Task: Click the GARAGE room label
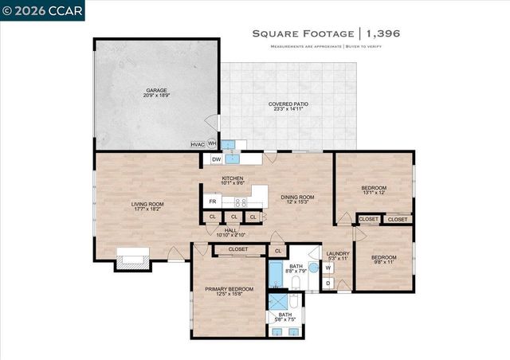pyautogui.click(x=155, y=92)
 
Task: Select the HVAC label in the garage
pyautogui.click(x=198, y=144)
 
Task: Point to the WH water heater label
pyautogui.click(x=212, y=144)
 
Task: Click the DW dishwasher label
pyautogui.click(x=216, y=159)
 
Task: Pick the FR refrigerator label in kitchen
pyautogui.click(x=213, y=201)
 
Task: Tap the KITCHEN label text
pyautogui.click(x=232, y=178)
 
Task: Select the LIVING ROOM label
pyautogui.click(x=147, y=205)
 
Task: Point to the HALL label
pyautogui.click(x=231, y=231)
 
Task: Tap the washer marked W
pyautogui.click(x=328, y=268)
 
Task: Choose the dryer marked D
pyautogui.click(x=328, y=283)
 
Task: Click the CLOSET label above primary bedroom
pyautogui.click(x=238, y=249)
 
